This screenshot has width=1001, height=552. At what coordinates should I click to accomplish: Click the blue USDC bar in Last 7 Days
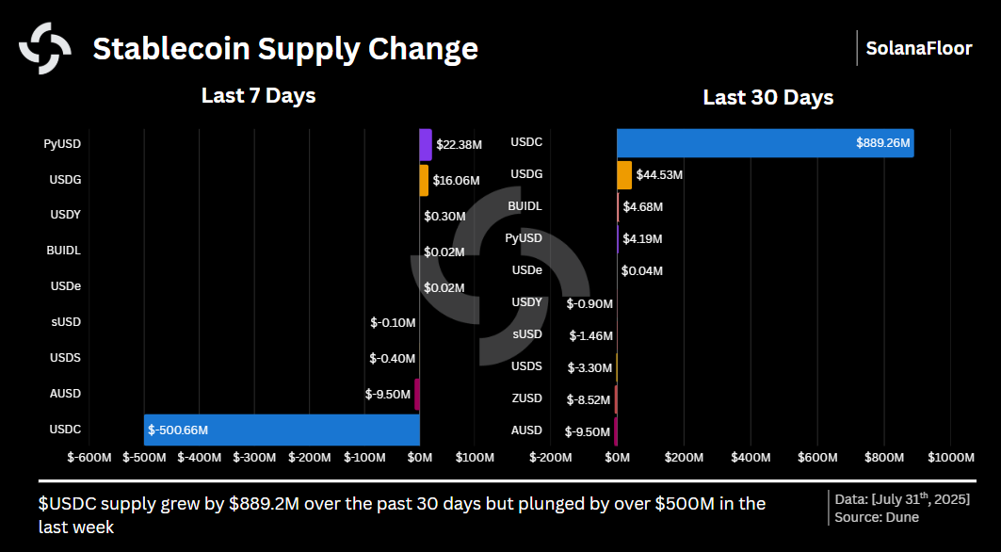pos(283,430)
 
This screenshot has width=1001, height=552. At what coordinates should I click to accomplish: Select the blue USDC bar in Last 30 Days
pos(765,143)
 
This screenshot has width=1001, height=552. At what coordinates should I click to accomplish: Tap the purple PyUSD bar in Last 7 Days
pos(426,144)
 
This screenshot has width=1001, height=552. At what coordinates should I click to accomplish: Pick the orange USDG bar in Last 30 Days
pos(624,175)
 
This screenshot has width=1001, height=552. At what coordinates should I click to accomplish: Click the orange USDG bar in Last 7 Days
pos(424,180)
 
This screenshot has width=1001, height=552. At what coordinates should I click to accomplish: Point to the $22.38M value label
pos(460,145)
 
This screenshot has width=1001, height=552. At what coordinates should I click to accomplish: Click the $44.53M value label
pos(659,175)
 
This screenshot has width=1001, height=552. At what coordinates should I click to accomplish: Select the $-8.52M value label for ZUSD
pos(589,399)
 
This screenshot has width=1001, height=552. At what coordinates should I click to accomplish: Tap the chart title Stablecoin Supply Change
pos(284,48)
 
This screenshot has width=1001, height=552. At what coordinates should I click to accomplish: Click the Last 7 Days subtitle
pos(258,95)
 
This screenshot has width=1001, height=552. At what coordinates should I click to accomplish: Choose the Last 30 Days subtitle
pos(767,98)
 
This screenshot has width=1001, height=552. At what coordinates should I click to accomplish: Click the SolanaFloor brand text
pos(918,48)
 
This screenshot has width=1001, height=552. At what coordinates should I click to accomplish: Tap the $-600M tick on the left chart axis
pos(89,458)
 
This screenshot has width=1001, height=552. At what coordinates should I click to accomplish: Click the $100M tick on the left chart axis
pos(475,458)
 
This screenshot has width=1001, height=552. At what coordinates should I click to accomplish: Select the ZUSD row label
pos(526,398)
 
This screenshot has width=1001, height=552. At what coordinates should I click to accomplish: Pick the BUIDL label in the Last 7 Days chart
pos(63,251)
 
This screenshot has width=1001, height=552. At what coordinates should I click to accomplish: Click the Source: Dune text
pos(876,517)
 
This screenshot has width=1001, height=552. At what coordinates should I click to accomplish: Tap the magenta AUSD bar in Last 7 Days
pos(417,394)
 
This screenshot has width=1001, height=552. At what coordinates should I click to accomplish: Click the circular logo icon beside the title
pos(45,48)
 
